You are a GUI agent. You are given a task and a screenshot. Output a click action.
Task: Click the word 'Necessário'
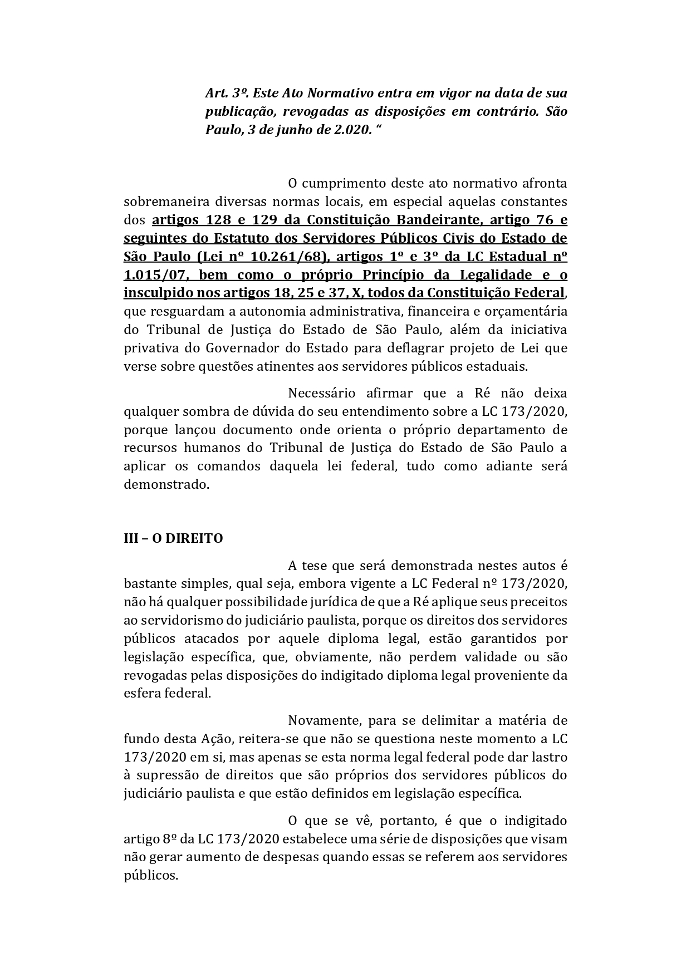pos(321,393)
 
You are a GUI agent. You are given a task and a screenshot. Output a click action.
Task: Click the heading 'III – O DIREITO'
pos(173,538)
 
